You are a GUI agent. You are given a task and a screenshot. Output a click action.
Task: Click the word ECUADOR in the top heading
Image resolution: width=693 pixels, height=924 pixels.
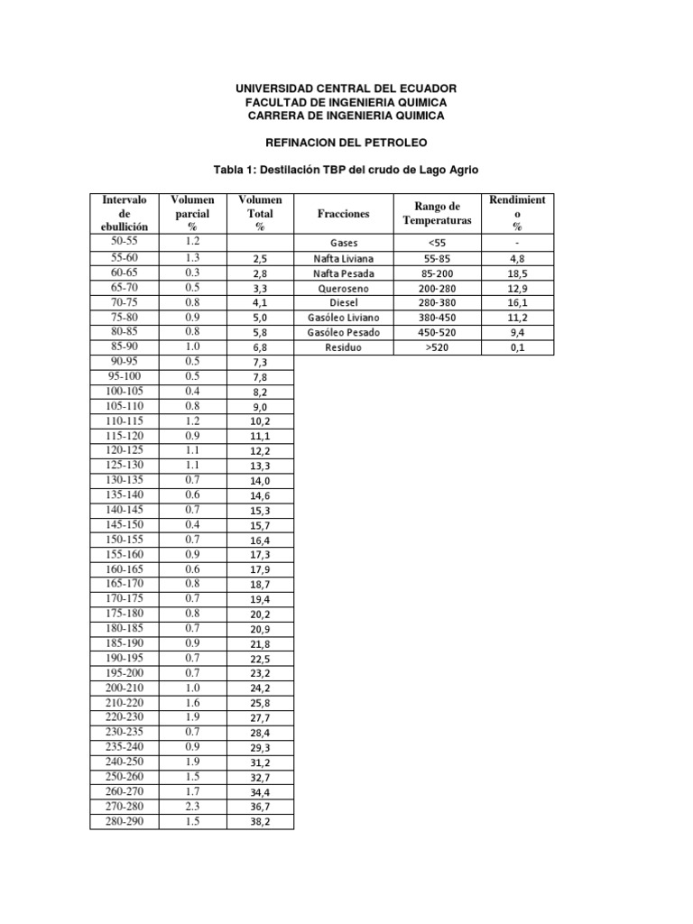pos(424,88)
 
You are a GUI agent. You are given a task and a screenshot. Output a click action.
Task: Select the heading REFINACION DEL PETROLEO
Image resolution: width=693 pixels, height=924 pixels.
pos(346,143)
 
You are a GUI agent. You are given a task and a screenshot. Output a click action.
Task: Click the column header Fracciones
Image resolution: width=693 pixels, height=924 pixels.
pos(344,214)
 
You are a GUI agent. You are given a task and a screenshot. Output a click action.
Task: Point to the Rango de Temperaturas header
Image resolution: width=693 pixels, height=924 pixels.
pos(437,214)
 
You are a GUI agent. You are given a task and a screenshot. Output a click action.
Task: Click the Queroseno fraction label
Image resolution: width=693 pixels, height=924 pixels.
pos(344,288)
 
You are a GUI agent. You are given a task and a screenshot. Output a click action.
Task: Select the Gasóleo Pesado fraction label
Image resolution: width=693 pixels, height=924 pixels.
pos(344,332)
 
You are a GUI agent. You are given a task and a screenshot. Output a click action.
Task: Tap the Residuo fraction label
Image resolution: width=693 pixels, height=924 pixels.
pos(344,346)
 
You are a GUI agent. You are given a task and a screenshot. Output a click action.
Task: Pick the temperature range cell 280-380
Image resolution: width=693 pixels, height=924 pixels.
pos(437,302)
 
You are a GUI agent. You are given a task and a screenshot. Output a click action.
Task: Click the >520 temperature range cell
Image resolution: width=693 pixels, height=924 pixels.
pos(437,346)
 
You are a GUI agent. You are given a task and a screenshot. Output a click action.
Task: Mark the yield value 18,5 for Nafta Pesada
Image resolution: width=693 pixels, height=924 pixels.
pos(518,273)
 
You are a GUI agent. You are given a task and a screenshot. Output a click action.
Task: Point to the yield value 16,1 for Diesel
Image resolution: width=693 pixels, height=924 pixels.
pos(518,302)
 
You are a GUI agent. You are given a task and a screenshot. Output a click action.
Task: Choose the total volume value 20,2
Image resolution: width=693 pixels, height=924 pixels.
pos(260,614)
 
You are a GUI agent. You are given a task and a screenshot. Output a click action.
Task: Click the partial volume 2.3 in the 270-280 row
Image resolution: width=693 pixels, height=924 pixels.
pos(191,806)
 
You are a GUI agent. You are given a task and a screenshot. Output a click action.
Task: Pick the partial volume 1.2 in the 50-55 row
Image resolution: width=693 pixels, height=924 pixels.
pos(191,243)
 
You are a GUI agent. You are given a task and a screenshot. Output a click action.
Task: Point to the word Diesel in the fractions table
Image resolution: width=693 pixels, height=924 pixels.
pos(344,302)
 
